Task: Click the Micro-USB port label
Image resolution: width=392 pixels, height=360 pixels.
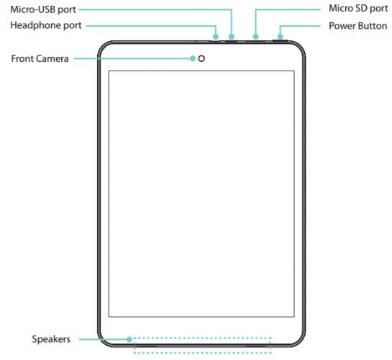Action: pos(43,10)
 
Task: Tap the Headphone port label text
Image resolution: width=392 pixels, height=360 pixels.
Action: pos(46,25)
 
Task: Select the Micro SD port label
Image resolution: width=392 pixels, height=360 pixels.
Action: pos(358,9)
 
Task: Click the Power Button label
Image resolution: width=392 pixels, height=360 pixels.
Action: pos(357,26)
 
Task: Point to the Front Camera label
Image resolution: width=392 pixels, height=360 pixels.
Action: pos(40,59)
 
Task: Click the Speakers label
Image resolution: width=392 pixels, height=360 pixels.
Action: pos(51,339)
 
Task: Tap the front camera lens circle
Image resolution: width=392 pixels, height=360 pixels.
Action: pos(201,58)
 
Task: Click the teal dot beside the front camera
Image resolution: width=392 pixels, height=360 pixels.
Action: pos(193,58)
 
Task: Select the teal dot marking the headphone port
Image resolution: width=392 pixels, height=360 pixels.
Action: pos(216,37)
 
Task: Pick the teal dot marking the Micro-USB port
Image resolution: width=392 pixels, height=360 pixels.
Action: pos(232,37)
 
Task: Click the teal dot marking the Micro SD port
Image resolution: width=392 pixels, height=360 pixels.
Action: pos(255,37)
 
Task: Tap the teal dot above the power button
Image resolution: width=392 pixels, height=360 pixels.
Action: pos(281,37)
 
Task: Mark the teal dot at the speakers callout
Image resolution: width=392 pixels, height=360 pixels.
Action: pos(129,340)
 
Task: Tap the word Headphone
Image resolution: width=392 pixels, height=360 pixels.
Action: pos(36,25)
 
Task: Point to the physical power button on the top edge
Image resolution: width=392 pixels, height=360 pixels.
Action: pos(280,40)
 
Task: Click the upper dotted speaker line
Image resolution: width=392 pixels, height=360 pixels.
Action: pos(203,338)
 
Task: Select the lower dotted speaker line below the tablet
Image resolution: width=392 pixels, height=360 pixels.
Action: pos(203,353)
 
